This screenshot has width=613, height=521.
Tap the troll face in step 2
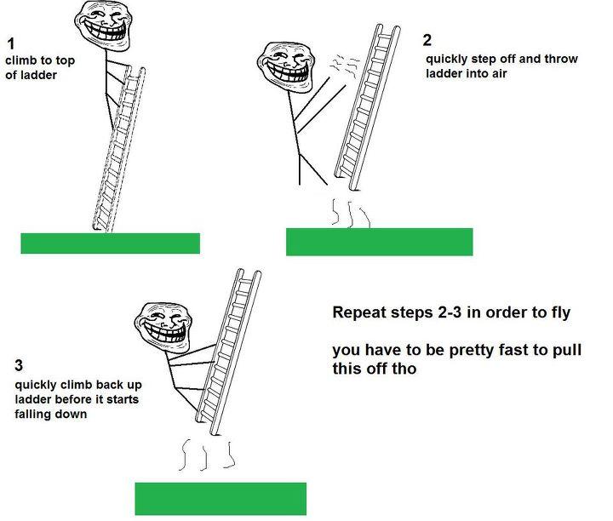click(x=287, y=67)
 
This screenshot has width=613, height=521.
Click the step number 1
click(x=9, y=43)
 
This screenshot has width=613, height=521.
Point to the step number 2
click(x=427, y=40)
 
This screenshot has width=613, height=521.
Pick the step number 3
click(x=18, y=367)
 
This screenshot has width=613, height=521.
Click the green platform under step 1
click(x=110, y=243)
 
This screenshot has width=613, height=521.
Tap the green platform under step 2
click(x=379, y=242)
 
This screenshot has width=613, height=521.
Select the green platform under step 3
click(x=220, y=498)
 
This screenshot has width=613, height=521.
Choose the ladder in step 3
click(x=228, y=349)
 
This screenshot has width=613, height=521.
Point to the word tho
click(x=404, y=369)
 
